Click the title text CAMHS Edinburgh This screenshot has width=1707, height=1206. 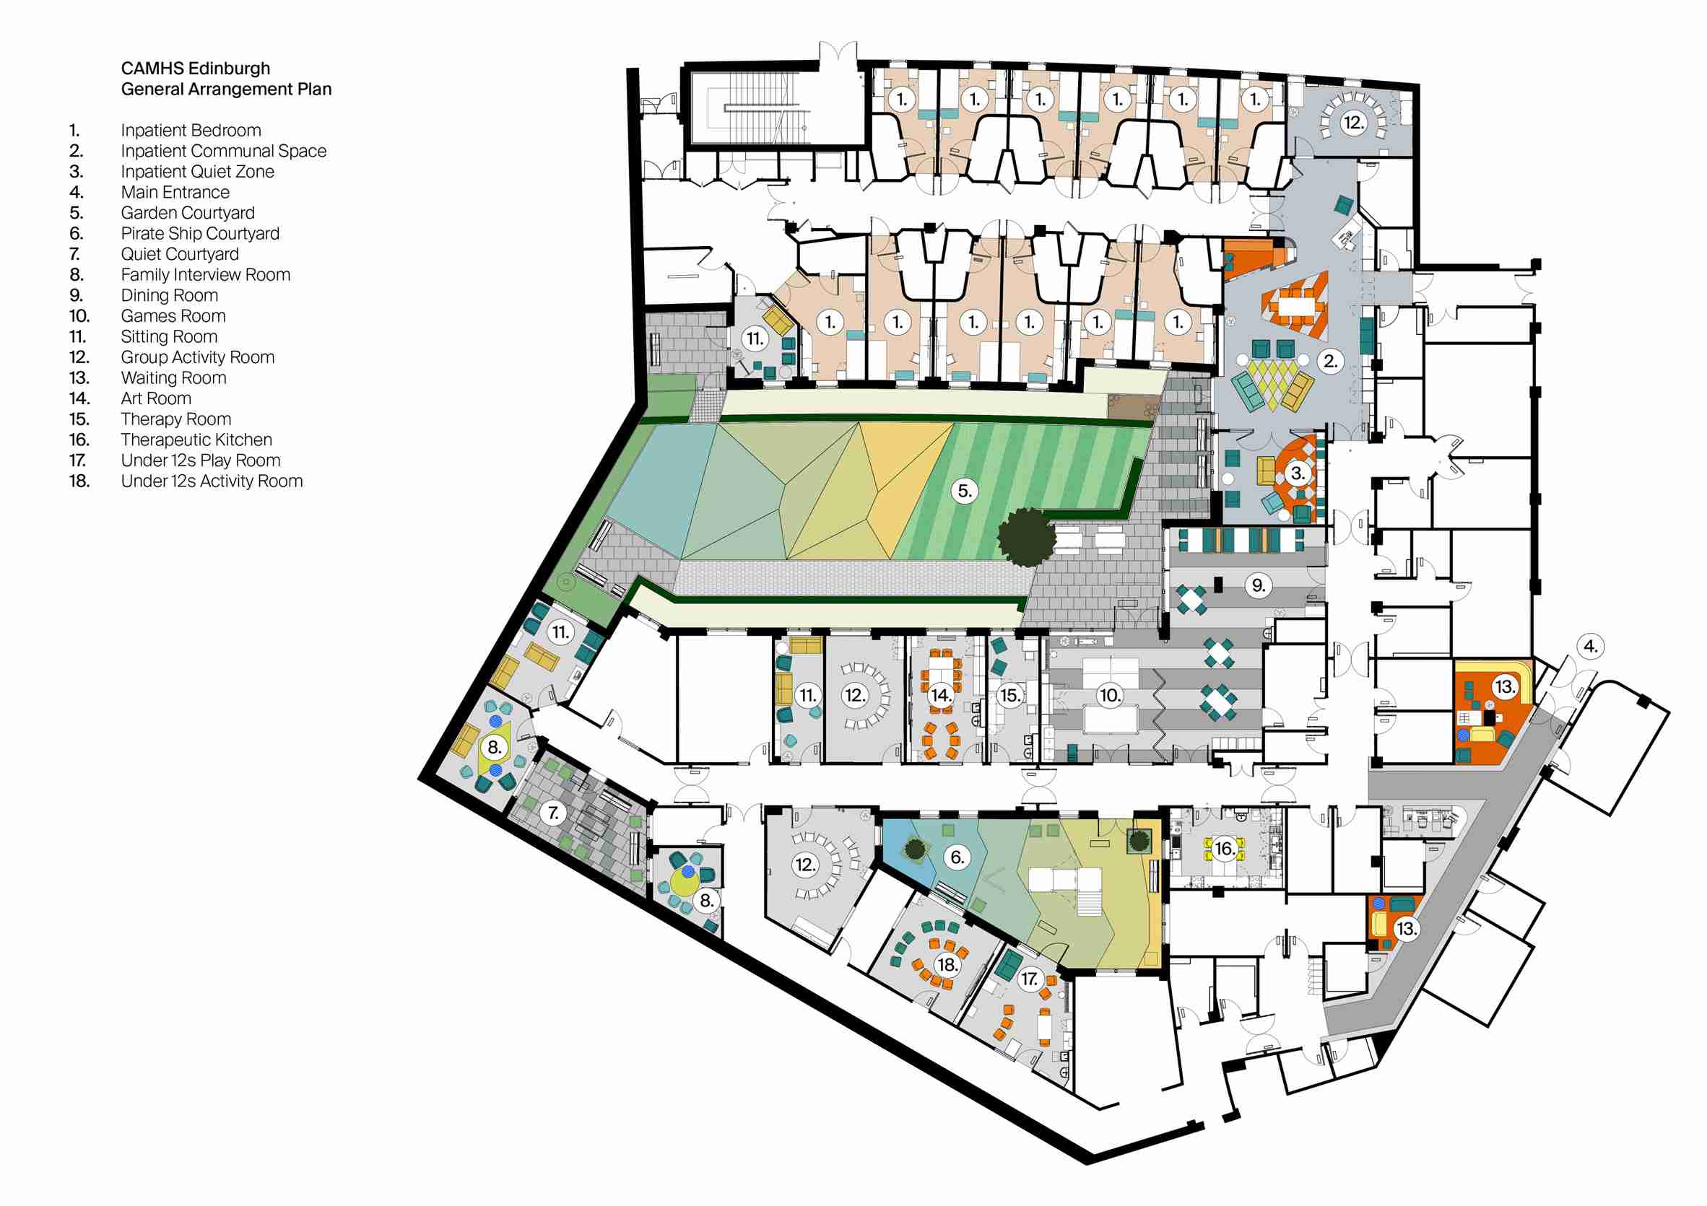click(x=196, y=69)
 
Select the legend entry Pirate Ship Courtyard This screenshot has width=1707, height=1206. click(x=200, y=233)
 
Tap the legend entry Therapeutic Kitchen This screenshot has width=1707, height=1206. click(x=196, y=440)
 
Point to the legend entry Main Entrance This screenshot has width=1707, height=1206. click(x=175, y=193)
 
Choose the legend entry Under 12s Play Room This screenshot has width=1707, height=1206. click(x=201, y=460)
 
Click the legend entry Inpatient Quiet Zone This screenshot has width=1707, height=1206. click(x=198, y=172)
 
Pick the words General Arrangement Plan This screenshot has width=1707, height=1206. click(x=226, y=89)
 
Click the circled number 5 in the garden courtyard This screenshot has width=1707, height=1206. click(x=964, y=491)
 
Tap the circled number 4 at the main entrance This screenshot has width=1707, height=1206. click(x=1590, y=647)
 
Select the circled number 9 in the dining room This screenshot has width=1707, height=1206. click(x=1258, y=585)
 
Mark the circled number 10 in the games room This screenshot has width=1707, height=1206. click(x=1109, y=696)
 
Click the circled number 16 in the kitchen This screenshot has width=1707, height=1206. click(x=1225, y=849)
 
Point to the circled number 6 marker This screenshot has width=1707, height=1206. click(x=957, y=857)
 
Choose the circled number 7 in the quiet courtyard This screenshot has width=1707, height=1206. click(x=553, y=813)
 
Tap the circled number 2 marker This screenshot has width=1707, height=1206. click(x=1330, y=362)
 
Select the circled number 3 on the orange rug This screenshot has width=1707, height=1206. click(x=1298, y=473)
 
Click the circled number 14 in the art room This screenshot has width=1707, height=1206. click(x=940, y=696)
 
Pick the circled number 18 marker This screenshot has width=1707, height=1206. click(x=947, y=965)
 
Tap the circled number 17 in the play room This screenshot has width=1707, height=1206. click(x=1029, y=979)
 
